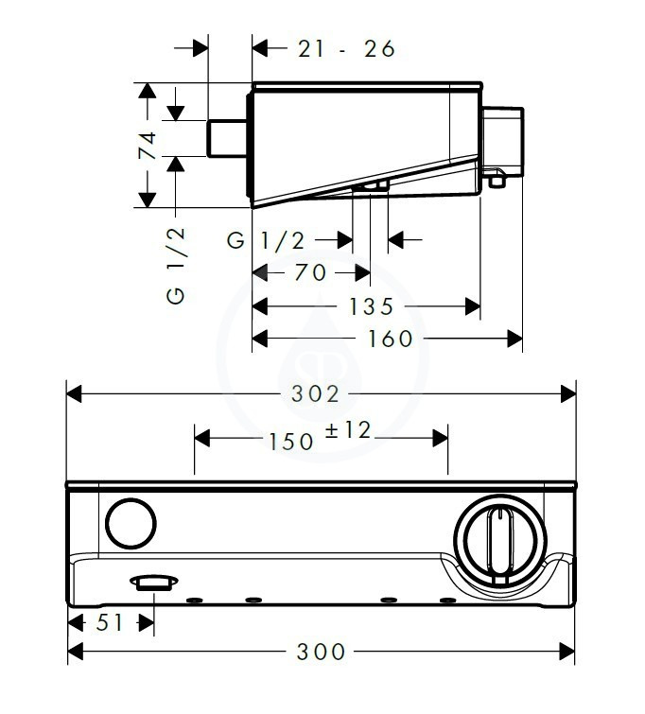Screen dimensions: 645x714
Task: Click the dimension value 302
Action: (x=315, y=394)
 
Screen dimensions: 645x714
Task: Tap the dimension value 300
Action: (x=321, y=652)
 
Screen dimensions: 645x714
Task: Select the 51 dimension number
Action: (x=110, y=622)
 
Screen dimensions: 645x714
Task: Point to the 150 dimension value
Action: (x=291, y=442)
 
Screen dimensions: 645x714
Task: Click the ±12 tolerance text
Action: (x=348, y=430)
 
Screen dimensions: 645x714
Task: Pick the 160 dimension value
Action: (x=390, y=339)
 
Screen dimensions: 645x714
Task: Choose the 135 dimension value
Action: (x=371, y=306)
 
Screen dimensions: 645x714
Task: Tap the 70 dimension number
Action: (x=310, y=272)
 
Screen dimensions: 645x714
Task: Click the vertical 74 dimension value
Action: (x=148, y=146)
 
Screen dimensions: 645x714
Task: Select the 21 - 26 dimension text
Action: (x=346, y=49)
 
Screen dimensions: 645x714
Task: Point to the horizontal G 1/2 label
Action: (x=266, y=240)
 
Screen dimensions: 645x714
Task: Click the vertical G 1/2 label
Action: (x=176, y=265)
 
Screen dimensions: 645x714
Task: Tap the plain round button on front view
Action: (x=131, y=523)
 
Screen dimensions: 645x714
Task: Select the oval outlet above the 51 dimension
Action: (x=154, y=583)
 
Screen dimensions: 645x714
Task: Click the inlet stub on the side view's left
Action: (x=227, y=138)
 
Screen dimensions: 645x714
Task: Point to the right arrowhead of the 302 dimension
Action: (x=568, y=394)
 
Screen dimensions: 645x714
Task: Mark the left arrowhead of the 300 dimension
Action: (x=75, y=652)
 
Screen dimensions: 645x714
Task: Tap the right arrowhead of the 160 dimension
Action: (x=514, y=339)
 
